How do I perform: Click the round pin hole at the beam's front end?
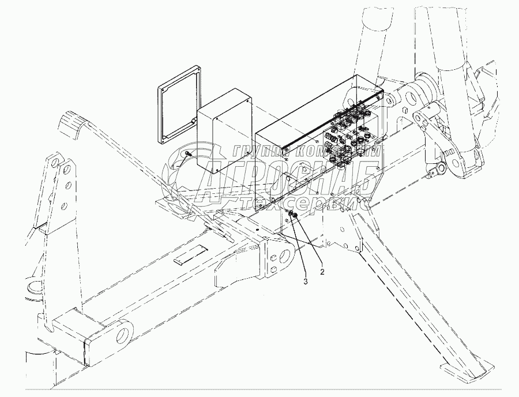coord(123,335)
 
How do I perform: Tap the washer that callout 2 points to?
coord(294,215)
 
